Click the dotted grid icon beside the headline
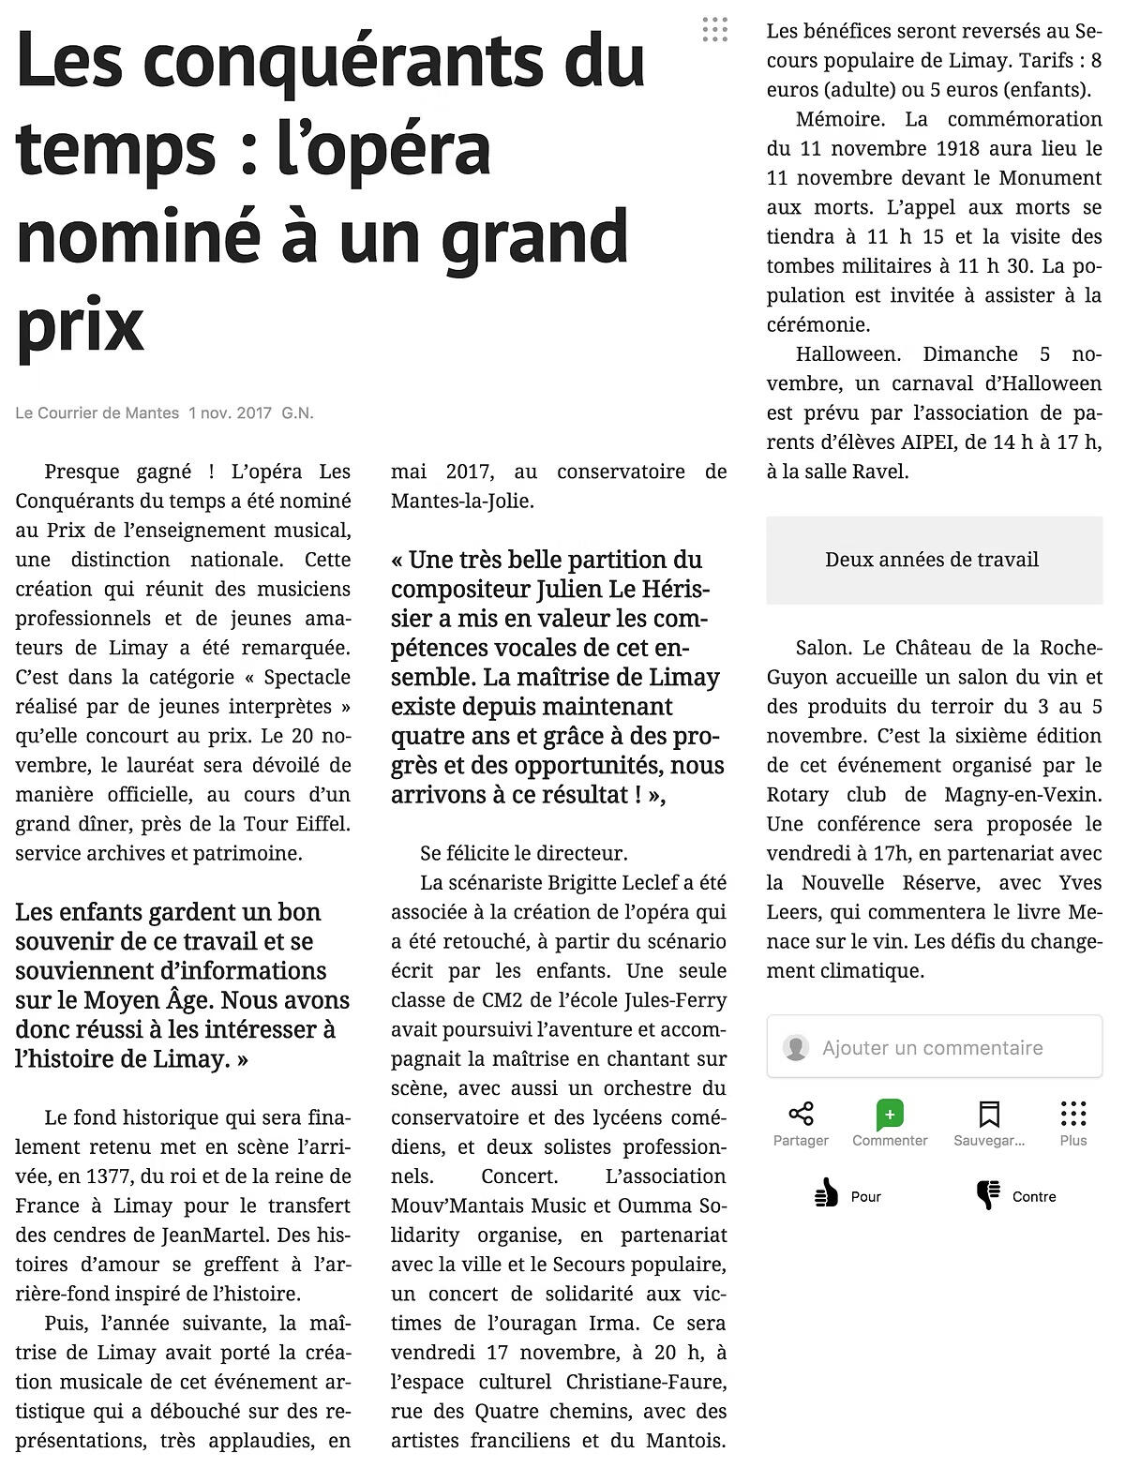tap(714, 30)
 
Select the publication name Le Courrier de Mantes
tap(97, 412)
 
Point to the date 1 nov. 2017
tap(230, 412)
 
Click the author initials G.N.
tap(298, 412)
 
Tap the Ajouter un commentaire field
tap(933, 1047)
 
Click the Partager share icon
tap(801, 1114)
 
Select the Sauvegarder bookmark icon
tap(988, 1114)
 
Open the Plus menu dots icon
tap(1073, 1114)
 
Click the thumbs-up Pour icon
tap(826, 1195)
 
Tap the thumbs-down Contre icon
tap(988, 1195)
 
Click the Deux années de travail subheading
tap(932, 560)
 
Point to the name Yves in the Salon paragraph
tap(1080, 882)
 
